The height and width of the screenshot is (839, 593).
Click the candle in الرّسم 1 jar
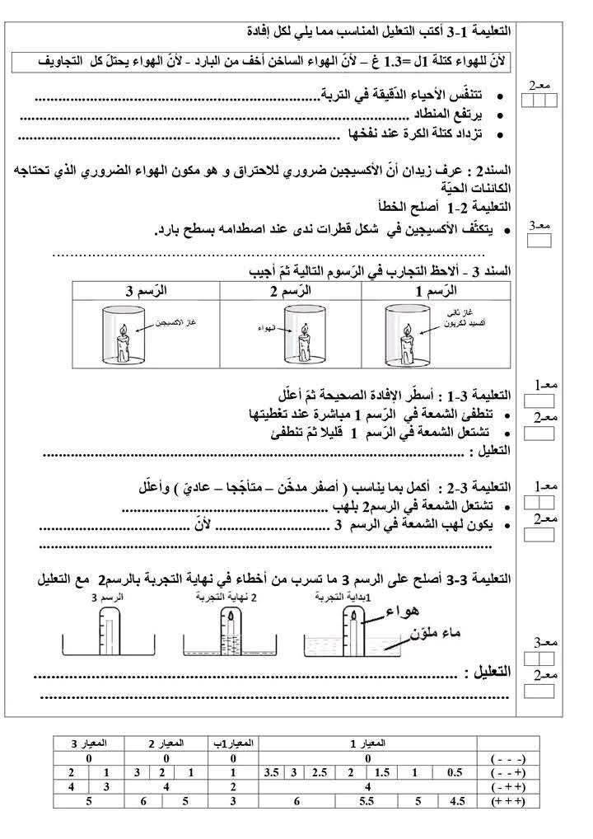click(x=408, y=345)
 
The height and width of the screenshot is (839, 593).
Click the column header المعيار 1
click(x=367, y=743)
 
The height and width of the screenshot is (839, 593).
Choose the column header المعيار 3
click(x=86, y=743)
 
